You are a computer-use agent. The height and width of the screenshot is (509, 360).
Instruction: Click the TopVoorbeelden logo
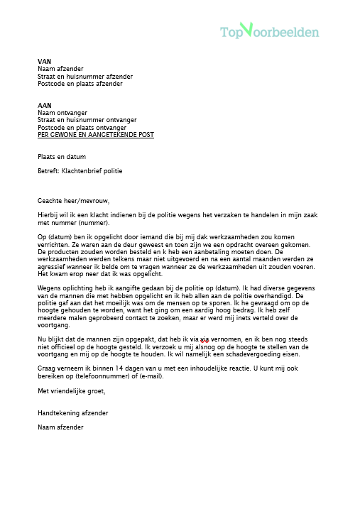click(269, 31)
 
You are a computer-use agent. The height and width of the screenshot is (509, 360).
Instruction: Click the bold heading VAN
click(44, 62)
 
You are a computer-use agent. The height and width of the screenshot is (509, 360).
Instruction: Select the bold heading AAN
click(45, 105)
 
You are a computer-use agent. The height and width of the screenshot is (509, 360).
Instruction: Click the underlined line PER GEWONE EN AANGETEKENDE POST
click(95, 135)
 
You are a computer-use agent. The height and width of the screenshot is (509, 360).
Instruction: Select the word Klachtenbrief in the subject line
click(84, 171)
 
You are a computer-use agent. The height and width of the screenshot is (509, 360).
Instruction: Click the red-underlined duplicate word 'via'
click(204, 339)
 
